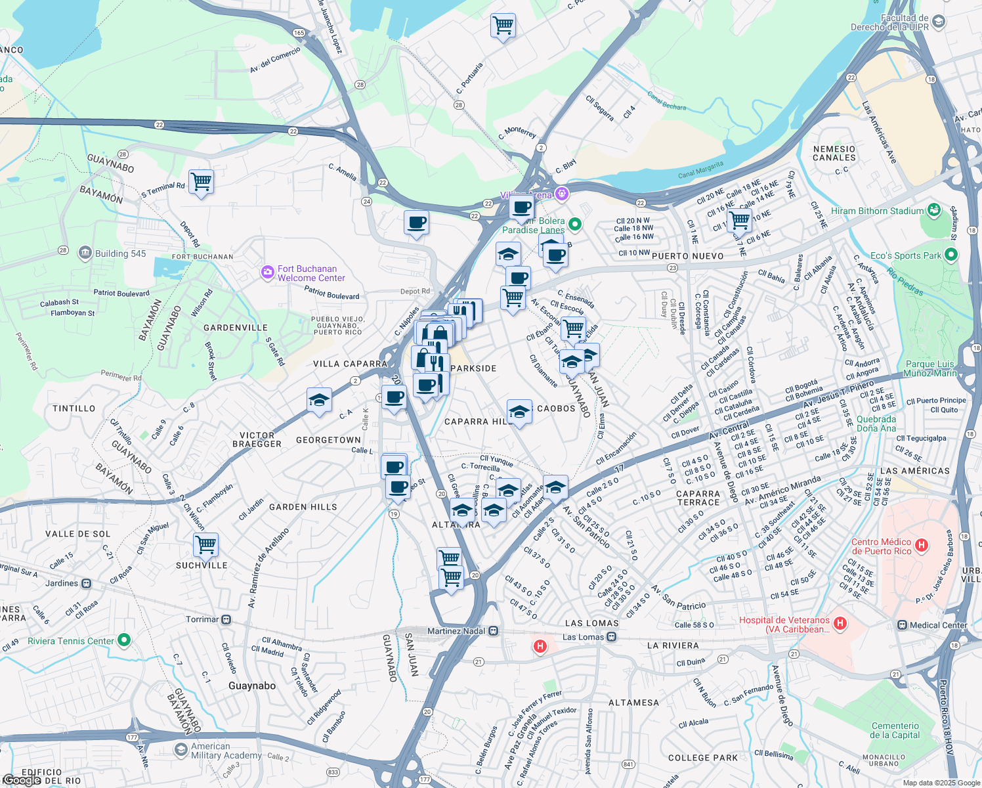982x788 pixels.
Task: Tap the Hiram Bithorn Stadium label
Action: click(877, 211)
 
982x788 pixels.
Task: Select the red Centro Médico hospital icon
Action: click(922, 545)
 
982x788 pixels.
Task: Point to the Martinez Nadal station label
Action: click(456, 631)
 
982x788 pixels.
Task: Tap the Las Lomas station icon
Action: click(612, 636)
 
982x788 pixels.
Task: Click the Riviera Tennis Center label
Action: click(71, 641)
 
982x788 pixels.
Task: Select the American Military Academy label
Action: click(226, 751)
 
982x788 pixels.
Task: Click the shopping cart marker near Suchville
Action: click(205, 544)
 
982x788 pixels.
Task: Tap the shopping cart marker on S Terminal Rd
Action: click(201, 182)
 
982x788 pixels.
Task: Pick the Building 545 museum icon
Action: click(85, 253)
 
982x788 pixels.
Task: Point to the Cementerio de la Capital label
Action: click(895, 730)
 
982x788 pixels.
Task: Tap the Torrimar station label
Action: click(202, 619)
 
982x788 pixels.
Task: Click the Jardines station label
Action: click(62, 583)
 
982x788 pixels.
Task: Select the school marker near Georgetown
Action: click(319, 400)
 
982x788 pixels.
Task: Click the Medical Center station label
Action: click(938, 625)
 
